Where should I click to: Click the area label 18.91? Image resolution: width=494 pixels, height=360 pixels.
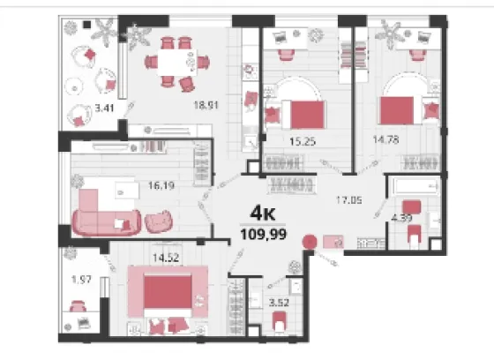tap(206, 105)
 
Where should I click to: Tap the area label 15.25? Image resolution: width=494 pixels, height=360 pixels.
tap(303, 141)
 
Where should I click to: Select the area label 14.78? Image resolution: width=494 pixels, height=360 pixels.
tap(386, 139)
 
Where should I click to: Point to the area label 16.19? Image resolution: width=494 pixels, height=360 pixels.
tap(161, 185)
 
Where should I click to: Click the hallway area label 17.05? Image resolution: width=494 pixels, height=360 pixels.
tap(349, 200)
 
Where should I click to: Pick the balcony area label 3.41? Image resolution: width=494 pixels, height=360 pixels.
tap(105, 109)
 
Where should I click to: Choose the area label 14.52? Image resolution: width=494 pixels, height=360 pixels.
tap(166, 258)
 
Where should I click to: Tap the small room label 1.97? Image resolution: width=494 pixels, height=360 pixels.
tap(81, 280)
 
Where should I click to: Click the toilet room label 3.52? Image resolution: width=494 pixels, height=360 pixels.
tap(279, 303)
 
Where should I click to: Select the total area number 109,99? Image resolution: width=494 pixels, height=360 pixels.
tap(264, 234)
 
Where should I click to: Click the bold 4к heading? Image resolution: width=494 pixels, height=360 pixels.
tap(263, 214)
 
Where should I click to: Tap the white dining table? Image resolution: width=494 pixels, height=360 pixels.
tap(177, 62)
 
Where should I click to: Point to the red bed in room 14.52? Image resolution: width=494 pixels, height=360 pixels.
tap(168, 292)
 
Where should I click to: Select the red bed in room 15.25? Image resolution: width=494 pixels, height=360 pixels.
tap(308, 115)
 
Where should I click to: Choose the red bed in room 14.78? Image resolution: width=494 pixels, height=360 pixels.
tap(397, 110)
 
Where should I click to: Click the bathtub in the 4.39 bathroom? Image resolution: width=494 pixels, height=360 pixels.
tap(415, 187)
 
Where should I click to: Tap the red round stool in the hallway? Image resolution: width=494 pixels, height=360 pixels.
tap(310, 242)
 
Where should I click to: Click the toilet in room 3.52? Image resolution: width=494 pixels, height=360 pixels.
tap(279, 321)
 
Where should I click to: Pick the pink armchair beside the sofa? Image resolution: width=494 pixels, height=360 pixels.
tap(159, 221)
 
